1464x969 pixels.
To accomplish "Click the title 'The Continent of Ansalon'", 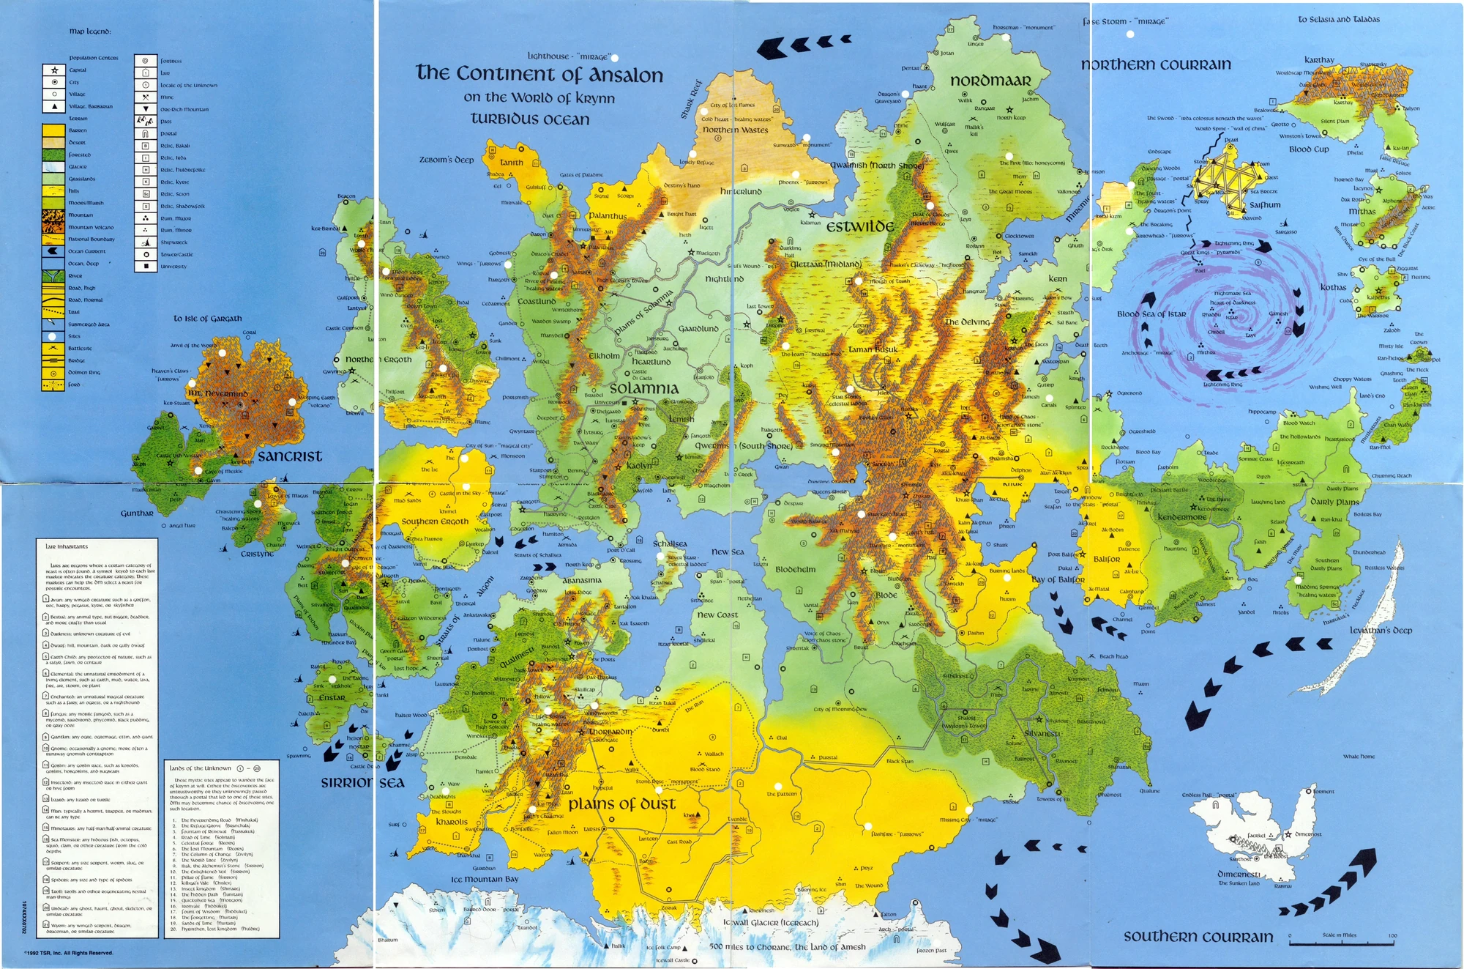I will tap(539, 73).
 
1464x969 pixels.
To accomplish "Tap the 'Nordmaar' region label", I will tap(990, 81).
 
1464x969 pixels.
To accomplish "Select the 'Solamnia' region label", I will tap(644, 388).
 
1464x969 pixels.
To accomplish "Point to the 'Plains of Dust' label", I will tap(621, 803).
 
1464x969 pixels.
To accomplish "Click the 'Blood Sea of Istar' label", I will tap(1151, 313).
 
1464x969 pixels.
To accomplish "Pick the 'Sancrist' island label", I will tap(290, 456).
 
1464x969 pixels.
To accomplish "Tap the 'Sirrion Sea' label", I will tap(362, 783).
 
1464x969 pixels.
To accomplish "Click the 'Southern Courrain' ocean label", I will tap(1198, 937).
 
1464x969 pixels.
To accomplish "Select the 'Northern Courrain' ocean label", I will tap(1156, 64).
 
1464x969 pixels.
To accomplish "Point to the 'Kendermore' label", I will tap(1181, 517).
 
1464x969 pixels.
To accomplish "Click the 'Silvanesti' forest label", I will tap(1042, 733).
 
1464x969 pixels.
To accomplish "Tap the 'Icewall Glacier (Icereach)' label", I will tap(771, 923).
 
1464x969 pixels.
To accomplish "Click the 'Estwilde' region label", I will tap(860, 226).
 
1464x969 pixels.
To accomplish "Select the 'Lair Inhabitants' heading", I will tap(67, 546).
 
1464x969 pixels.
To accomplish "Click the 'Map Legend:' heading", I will tap(90, 31).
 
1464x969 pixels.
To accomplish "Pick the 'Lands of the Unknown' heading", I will tap(201, 768).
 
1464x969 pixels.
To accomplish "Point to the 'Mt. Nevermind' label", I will tap(218, 393).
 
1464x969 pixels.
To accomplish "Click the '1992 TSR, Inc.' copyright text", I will tap(69, 953).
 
